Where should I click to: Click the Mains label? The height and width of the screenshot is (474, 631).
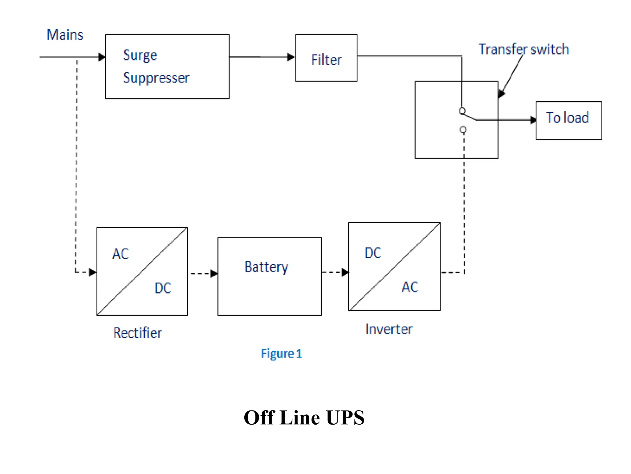65,35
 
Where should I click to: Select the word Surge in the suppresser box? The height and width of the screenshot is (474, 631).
140,56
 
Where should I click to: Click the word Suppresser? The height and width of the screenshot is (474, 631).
156,78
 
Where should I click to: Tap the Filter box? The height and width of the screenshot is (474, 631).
326,58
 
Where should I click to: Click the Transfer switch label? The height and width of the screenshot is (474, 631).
523,49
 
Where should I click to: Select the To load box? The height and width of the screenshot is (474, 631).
568,120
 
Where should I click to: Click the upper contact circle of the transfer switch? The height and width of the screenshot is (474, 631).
462,110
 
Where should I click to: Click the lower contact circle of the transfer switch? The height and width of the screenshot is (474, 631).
463,130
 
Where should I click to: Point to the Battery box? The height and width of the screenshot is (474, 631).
270,276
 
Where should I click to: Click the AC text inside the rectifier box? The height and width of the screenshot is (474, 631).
120,254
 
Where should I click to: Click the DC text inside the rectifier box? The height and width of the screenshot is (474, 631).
163,288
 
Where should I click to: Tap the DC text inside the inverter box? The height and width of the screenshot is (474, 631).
373,253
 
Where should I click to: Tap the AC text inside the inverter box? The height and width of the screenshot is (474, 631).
410,287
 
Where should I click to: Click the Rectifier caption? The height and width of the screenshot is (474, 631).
137,333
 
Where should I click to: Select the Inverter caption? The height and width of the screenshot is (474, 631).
389,329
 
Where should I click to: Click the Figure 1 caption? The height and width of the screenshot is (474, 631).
281,353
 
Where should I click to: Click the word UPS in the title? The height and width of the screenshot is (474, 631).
345,418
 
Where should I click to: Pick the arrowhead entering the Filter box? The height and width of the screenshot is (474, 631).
291,57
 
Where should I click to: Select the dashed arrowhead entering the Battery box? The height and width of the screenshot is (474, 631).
214,273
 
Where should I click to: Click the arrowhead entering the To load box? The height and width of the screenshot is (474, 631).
533,120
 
